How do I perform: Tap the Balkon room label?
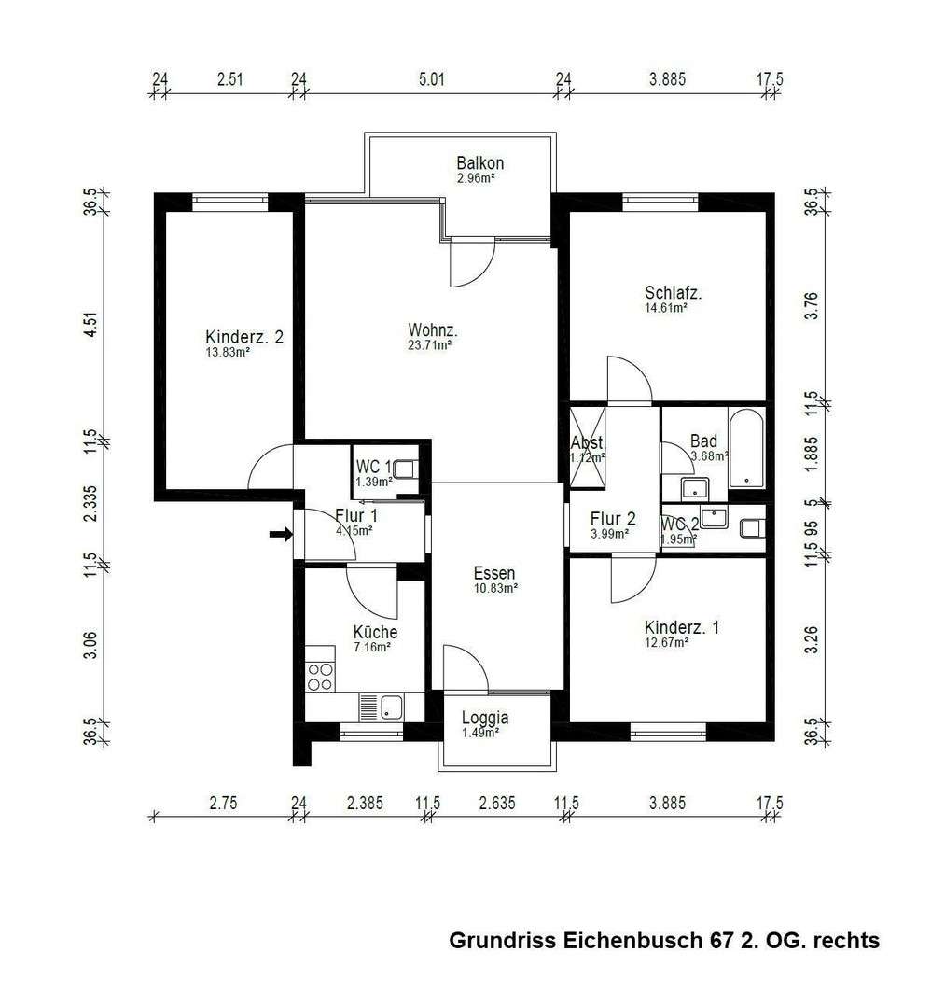click(480, 163)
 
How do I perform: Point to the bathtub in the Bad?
click(746, 448)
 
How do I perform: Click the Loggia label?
click(485, 718)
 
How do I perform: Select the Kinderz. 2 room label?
click(243, 337)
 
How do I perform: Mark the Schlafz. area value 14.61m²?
click(665, 307)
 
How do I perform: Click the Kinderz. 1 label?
click(681, 628)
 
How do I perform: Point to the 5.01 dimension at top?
click(430, 79)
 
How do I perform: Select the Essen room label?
click(494, 573)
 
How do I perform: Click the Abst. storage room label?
click(588, 443)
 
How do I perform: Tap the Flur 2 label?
click(613, 519)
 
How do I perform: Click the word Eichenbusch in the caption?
click(631, 941)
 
